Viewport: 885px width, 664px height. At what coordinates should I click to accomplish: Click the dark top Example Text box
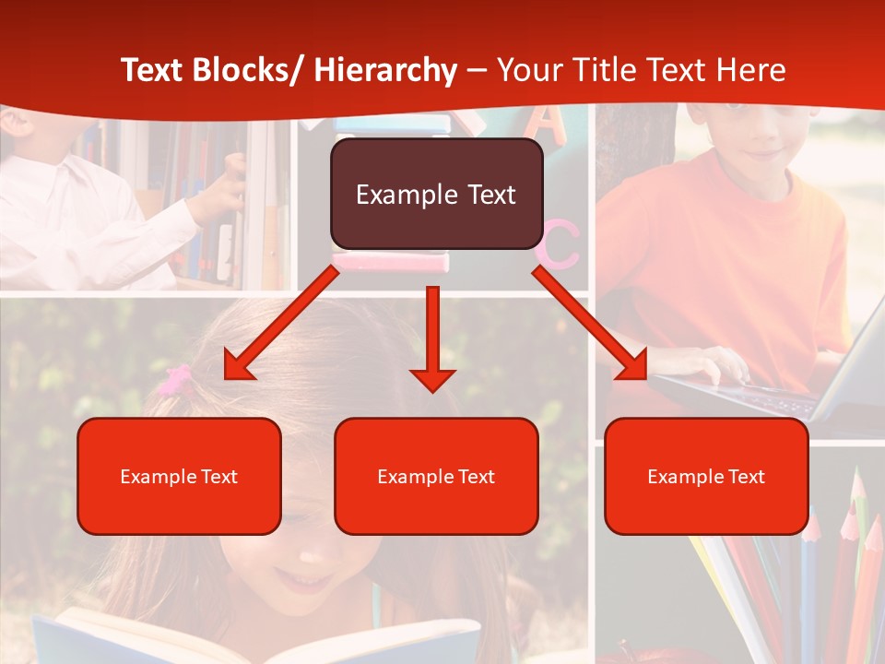click(436, 195)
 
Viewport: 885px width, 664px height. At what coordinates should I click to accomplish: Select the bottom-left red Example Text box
click(179, 476)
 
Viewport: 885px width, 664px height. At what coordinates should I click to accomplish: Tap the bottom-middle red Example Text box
click(436, 476)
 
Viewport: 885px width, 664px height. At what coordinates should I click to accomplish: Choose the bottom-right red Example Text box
click(706, 476)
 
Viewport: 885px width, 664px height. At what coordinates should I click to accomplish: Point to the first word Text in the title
click(154, 70)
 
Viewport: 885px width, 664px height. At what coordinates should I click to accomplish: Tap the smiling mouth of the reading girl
click(304, 581)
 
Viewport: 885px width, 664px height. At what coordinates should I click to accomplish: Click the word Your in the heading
click(530, 70)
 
